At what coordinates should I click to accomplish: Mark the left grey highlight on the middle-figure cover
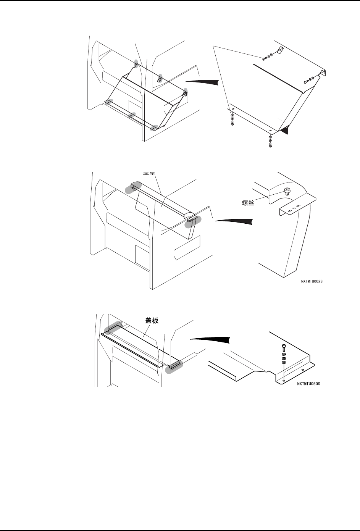tap(132, 189)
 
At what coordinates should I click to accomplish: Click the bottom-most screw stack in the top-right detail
tap(270, 141)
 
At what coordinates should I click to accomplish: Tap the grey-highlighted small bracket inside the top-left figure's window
tap(160, 79)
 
